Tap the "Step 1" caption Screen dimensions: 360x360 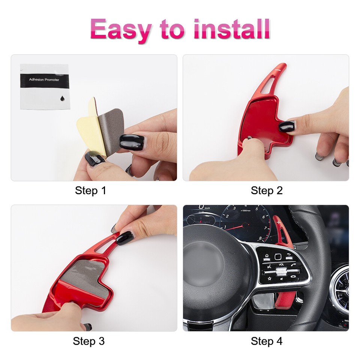pos(90,190)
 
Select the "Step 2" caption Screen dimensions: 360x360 pos(267,190)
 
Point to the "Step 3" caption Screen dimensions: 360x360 pos(88,341)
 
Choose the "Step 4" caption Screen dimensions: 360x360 pos(267,341)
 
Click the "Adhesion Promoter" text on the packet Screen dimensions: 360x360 pos(44,80)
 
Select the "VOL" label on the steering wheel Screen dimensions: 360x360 pos(281,264)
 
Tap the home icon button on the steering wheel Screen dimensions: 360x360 pos(267,256)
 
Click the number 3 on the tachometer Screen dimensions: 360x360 pos(234,208)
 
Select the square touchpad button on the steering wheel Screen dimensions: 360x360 pos(278,256)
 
